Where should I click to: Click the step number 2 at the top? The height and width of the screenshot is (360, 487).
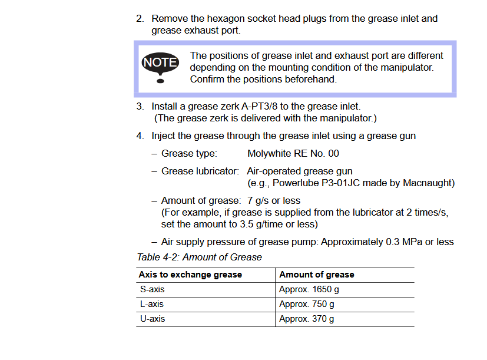point(140,19)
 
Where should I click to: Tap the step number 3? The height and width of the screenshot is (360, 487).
point(140,107)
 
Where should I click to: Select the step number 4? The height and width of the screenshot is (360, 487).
point(140,136)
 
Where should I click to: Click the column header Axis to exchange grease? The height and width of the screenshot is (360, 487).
point(190,275)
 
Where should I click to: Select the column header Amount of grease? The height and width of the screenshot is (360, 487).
point(317,275)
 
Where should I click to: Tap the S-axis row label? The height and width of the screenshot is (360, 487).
point(152,289)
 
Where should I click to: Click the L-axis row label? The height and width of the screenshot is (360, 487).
point(151,304)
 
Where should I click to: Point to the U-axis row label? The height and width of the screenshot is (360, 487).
point(152,319)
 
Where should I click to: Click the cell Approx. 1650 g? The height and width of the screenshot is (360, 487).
point(309,289)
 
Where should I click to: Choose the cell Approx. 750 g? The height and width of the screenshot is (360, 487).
point(307,304)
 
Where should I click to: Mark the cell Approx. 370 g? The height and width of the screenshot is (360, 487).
point(307,319)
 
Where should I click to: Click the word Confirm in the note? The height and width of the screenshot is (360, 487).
point(207,80)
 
